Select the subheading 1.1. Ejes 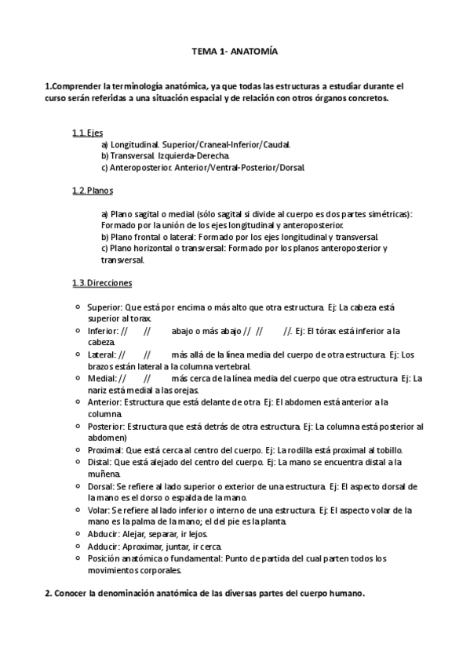pyautogui.click(x=87, y=133)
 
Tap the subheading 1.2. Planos pyautogui.click(x=92, y=191)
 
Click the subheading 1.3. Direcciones pyautogui.click(x=102, y=282)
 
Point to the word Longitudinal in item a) pyautogui.click(x=135, y=145)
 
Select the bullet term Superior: pyautogui.click(x=104, y=307)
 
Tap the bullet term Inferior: pyautogui.click(x=102, y=331)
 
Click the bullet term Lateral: pyautogui.click(x=101, y=354)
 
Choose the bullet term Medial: pyautogui.click(x=101, y=379)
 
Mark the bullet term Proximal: pyautogui.click(x=105, y=450)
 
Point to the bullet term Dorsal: pyautogui.click(x=101, y=486)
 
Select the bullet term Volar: pyautogui.click(x=100, y=510)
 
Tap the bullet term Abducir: pyautogui.click(x=104, y=534)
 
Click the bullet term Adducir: pyautogui.click(x=104, y=546)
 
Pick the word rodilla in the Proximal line pyautogui.click(x=302, y=450)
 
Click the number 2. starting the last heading pyautogui.click(x=48, y=593)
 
